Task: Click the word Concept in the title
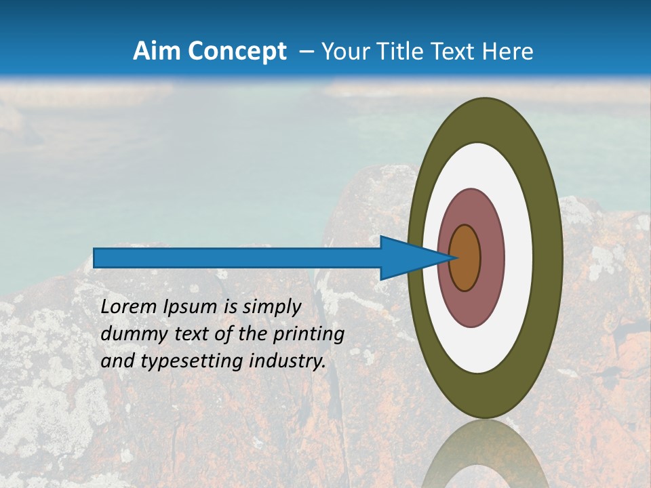(237, 52)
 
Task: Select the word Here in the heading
(509, 52)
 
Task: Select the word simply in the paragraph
(271, 307)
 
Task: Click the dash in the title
(306, 52)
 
